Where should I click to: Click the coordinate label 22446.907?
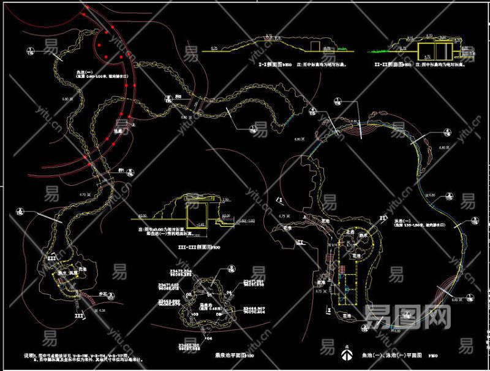254,308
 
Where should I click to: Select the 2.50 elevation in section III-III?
225,200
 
